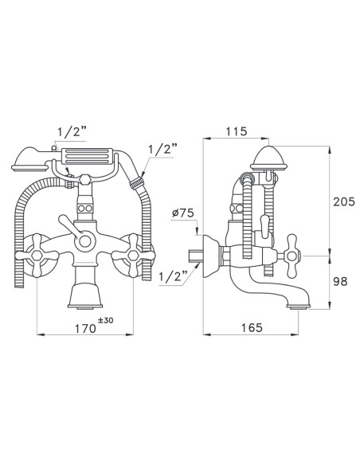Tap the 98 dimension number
point(340,281)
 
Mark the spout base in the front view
point(85,296)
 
